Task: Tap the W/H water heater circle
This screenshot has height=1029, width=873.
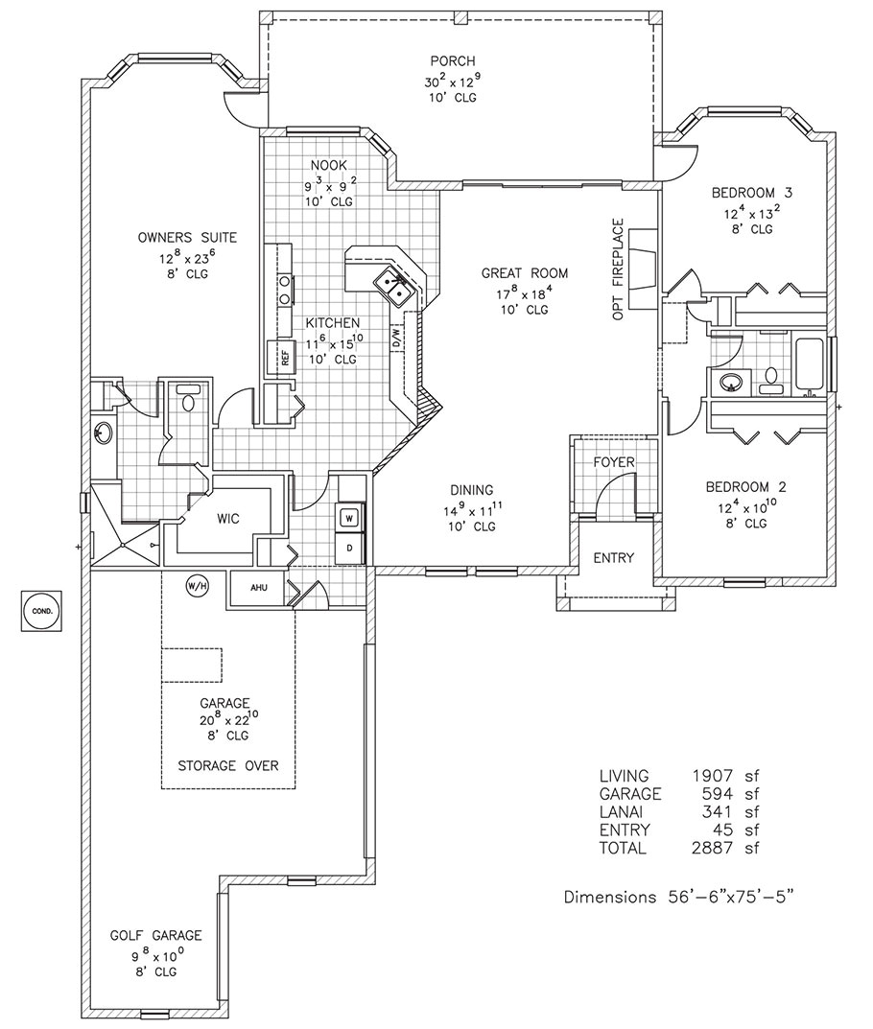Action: (x=196, y=585)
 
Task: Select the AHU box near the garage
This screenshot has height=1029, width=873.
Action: (x=257, y=589)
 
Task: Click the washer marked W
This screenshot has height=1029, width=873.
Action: (x=350, y=518)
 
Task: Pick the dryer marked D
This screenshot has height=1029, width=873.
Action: (x=350, y=548)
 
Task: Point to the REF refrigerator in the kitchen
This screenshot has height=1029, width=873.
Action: (x=284, y=357)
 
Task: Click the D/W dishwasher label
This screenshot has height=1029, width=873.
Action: (x=395, y=338)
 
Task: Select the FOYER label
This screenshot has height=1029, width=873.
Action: (x=614, y=462)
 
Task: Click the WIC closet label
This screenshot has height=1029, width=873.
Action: (x=227, y=518)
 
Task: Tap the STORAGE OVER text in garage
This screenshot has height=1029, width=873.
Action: (x=228, y=765)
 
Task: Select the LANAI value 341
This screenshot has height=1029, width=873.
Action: (x=715, y=811)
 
